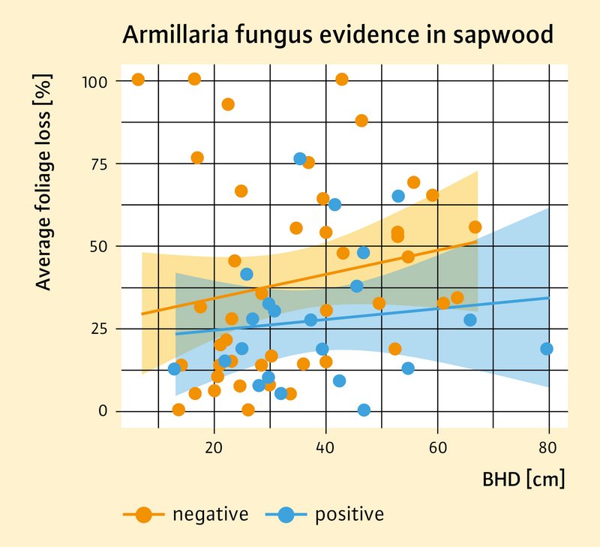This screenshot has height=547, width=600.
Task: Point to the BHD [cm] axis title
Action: [523, 479]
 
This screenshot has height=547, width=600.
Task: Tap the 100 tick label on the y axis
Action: [95, 80]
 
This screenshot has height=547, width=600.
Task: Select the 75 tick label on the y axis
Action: [99, 164]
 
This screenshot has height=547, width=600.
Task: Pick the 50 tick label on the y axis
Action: [99, 246]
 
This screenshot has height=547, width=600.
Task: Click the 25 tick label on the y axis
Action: [99, 329]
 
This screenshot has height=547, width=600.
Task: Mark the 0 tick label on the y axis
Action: [104, 411]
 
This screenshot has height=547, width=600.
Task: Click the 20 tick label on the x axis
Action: [214, 449]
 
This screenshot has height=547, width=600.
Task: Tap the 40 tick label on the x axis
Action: [325, 449]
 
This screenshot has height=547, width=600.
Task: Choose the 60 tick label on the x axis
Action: [437, 449]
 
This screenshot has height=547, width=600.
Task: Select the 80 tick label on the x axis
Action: [548, 449]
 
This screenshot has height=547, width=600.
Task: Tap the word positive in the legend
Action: [349, 515]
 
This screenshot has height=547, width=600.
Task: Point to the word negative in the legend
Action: [210, 515]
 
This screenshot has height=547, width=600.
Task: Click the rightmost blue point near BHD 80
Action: [547, 349]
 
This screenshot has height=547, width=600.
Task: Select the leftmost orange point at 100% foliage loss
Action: [138, 80]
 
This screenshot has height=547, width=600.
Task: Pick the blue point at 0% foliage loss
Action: [364, 410]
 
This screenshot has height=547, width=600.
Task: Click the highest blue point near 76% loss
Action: [300, 158]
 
